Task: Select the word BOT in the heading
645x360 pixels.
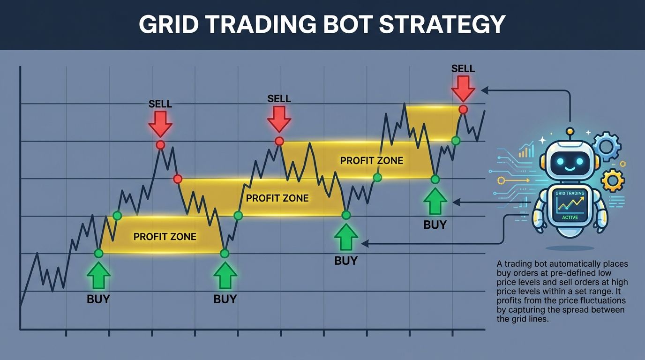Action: click(x=347, y=24)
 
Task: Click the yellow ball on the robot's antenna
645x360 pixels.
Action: click(x=570, y=131)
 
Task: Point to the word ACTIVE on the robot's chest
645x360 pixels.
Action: click(x=570, y=217)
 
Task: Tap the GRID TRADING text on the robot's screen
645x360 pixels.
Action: click(x=570, y=193)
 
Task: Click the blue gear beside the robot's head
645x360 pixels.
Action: click(x=607, y=146)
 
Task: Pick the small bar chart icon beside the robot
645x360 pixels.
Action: click(x=527, y=150)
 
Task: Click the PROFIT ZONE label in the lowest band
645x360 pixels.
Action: click(x=165, y=237)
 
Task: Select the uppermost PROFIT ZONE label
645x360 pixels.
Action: click(x=371, y=161)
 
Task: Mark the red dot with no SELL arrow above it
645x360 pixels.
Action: click(x=177, y=179)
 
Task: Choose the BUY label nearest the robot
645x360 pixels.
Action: click(x=435, y=225)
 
